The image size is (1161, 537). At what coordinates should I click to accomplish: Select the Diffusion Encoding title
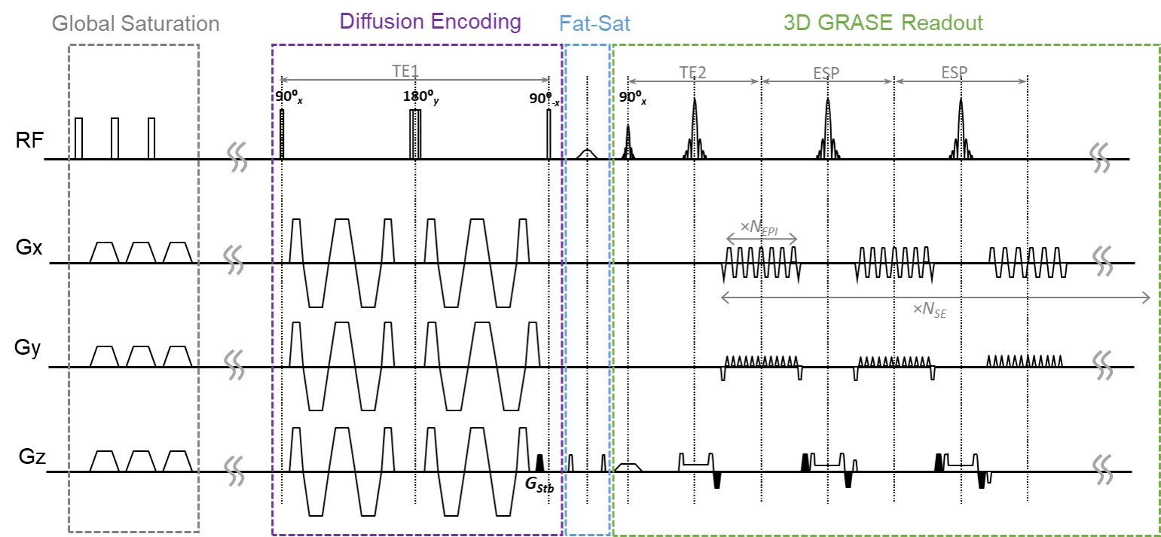pos(430,21)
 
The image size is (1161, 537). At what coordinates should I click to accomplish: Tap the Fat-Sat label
pos(595,23)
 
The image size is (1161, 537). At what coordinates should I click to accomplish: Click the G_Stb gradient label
pos(539,486)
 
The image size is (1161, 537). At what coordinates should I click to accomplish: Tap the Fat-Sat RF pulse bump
pos(587,153)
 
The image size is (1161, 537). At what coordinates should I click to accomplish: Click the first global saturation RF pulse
pos(79,139)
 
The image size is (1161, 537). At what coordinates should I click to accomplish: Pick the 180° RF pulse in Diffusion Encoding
pos(415,134)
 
